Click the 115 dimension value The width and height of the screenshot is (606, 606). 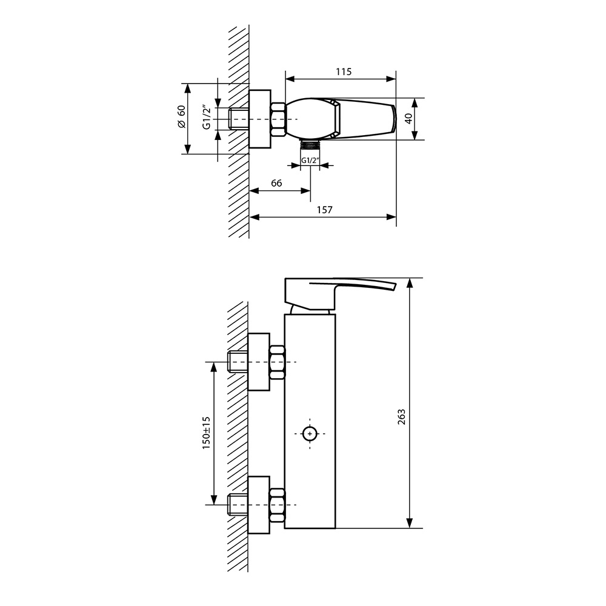click(x=344, y=72)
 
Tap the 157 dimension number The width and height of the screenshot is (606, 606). click(x=324, y=210)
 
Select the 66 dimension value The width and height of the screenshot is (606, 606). click(x=276, y=183)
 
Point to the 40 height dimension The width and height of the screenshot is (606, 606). click(x=409, y=119)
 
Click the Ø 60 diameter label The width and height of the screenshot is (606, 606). click(x=181, y=116)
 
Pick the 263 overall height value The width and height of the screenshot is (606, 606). click(x=402, y=417)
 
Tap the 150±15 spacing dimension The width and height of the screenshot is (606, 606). click(x=206, y=433)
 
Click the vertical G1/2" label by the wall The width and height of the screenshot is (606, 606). click(x=207, y=117)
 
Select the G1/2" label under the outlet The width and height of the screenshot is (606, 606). click(x=310, y=160)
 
